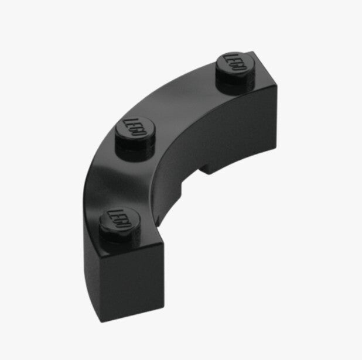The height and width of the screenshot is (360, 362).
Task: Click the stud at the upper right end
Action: tap(235, 73)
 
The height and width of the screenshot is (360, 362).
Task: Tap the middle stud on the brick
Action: tap(135, 138)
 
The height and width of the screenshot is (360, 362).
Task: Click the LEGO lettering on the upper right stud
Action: tap(235, 62)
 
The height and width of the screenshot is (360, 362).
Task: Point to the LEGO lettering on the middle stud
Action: tap(135, 128)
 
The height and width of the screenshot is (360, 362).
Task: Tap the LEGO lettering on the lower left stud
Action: tap(120, 218)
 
